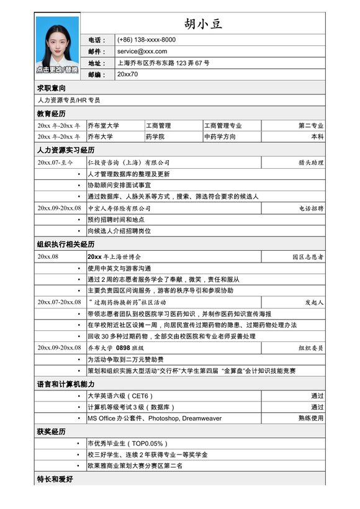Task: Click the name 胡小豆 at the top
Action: [x=203, y=24]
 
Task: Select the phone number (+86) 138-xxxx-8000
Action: [x=146, y=40]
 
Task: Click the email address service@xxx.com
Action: [x=142, y=52]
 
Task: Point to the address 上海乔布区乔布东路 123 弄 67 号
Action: [x=163, y=63]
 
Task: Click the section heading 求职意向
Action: [x=52, y=88]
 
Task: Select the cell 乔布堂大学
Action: [x=103, y=125]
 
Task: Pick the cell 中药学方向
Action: [x=220, y=137]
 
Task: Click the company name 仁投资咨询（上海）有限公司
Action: [x=128, y=163]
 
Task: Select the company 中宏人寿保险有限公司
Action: [x=119, y=208]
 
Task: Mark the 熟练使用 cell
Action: [x=311, y=418]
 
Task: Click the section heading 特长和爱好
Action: [x=55, y=480]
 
